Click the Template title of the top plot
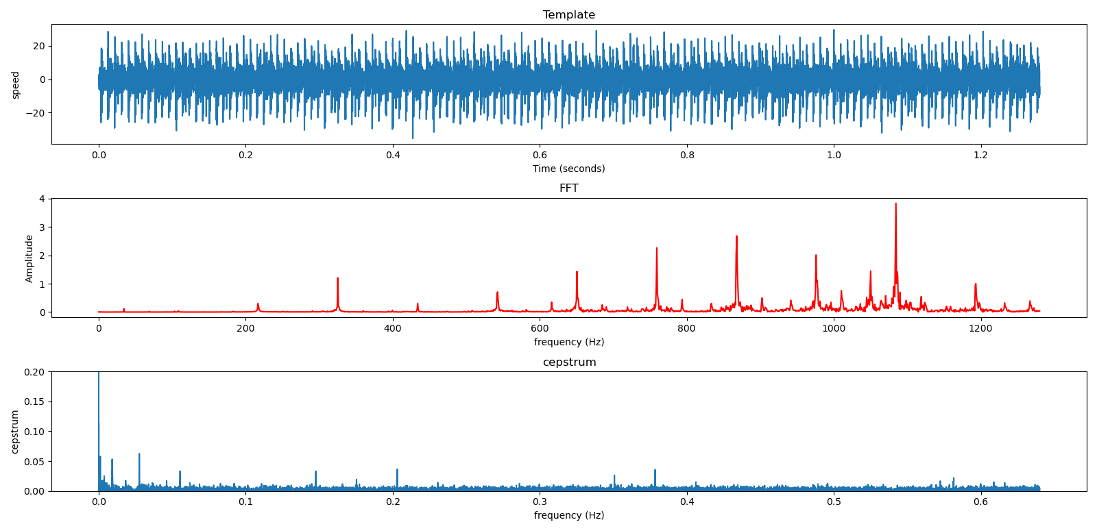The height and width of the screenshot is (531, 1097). (568, 15)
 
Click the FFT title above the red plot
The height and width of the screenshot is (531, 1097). (568, 188)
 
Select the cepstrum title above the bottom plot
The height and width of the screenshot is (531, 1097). (569, 362)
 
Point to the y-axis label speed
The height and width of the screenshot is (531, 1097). (16, 85)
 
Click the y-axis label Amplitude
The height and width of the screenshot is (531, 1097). (29, 258)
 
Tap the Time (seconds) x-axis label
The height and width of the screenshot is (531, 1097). (568, 169)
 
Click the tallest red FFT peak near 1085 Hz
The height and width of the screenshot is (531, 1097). (895, 205)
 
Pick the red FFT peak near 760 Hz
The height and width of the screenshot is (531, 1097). (657, 249)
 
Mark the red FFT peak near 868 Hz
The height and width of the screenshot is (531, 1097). (736, 238)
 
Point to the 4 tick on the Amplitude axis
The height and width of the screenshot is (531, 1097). (42, 199)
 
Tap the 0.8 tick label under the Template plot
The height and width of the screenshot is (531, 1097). (687, 155)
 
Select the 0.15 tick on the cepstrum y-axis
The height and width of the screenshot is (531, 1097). (34, 402)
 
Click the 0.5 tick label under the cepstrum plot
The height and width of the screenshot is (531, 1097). (834, 502)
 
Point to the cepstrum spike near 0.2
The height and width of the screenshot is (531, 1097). (397, 471)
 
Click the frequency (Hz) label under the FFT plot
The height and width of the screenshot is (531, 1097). (568, 342)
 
